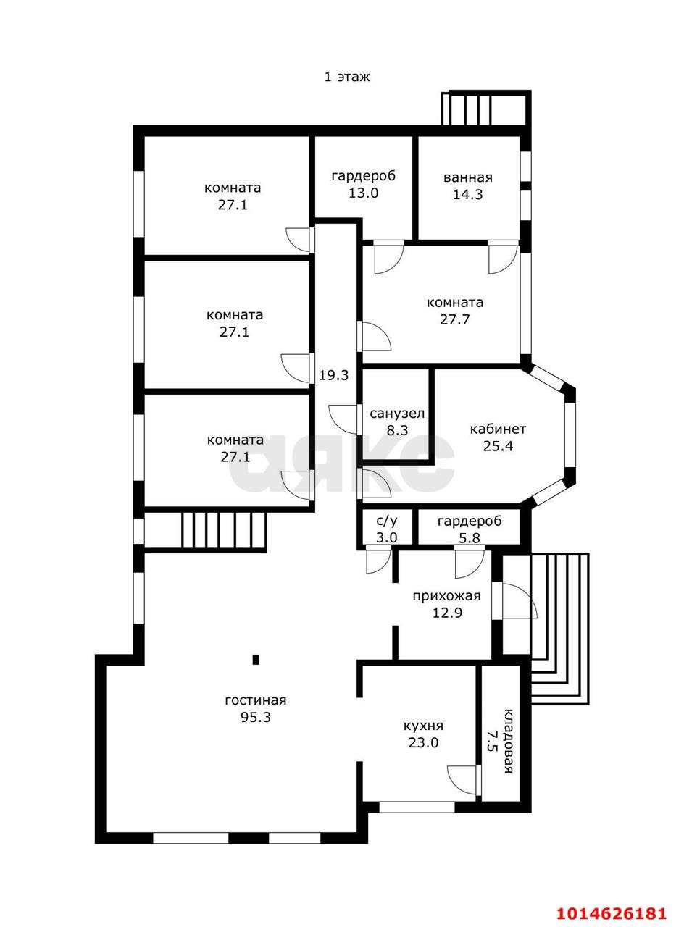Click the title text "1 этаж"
[346, 77]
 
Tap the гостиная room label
[256, 700]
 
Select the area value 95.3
[256, 717]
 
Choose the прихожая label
[446, 596]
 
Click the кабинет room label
[498, 429]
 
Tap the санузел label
[397, 414]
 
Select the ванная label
[468, 177]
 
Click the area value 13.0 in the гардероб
[363, 193]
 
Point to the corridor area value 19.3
[334, 375]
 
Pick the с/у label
[387, 521]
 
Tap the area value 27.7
[454, 319]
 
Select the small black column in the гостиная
[256, 659]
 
